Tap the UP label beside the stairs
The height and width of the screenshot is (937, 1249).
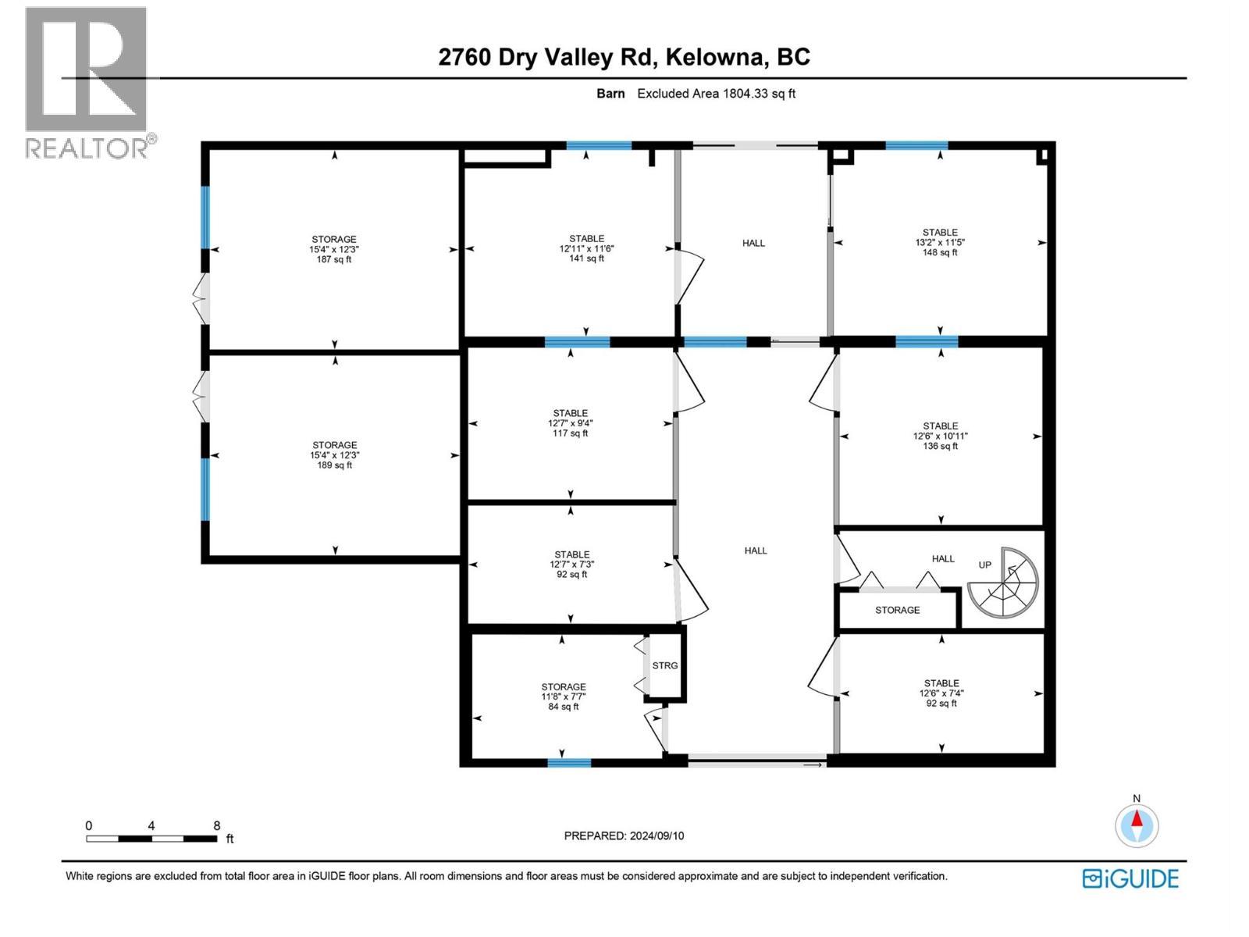pos(985,565)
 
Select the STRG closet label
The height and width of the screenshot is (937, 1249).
pos(665,665)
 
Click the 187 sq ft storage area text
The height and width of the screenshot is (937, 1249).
pos(334,259)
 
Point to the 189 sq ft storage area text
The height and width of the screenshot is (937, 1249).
pos(335,465)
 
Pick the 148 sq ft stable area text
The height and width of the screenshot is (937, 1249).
pos(940,252)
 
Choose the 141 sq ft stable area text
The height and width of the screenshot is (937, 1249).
pos(586,258)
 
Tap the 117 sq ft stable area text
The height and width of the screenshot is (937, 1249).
pos(571,433)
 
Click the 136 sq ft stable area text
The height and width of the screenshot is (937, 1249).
pos(940,446)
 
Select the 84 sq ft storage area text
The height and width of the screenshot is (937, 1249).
pos(564,707)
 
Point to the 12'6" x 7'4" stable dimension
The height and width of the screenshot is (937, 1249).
pos(941,693)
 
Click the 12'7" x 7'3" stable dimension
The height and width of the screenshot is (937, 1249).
pos(571,564)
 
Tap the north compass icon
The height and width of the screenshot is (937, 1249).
pos(1137,825)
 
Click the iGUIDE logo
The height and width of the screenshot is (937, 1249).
pos(1130,878)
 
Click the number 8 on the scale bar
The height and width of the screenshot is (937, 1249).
pos(217,825)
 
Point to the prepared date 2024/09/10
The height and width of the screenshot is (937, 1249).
pos(656,835)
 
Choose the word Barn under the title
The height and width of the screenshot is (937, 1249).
pos(610,94)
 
